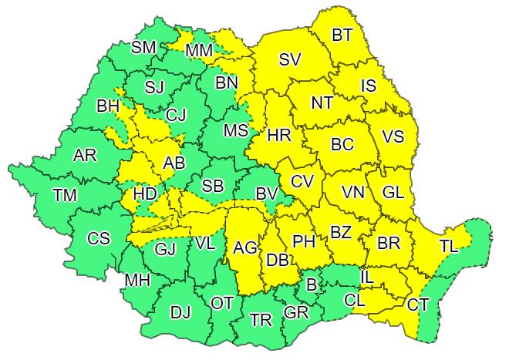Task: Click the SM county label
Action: (x=143, y=48)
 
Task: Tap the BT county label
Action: (x=342, y=35)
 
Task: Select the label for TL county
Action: (x=450, y=246)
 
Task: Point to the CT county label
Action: (x=418, y=305)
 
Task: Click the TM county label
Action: (x=65, y=196)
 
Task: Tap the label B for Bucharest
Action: (x=312, y=285)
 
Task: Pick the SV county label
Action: (x=290, y=59)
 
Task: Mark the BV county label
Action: (x=268, y=193)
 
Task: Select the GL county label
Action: (x=393, y=192)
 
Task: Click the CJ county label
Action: (x=177, y=116)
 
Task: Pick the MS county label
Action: (x=235, y=130)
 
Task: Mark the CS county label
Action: (x=99, y=238)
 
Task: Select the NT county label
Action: (x=322, y=103)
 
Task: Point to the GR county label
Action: (x=295, y=314)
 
